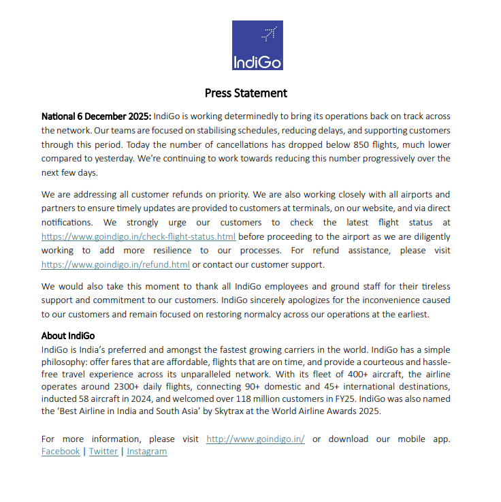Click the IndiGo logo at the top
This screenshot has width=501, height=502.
257,46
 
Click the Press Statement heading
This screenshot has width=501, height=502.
246,93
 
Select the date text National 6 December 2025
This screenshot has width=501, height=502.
97,116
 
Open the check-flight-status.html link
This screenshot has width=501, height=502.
138,237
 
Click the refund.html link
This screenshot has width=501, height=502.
115,265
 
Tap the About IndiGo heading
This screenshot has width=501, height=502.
68,336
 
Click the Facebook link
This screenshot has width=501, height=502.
61,452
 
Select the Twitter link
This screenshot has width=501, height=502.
103,452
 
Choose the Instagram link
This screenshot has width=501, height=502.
146,452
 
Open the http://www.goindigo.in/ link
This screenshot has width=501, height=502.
255,439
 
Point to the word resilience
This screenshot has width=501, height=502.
152,251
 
